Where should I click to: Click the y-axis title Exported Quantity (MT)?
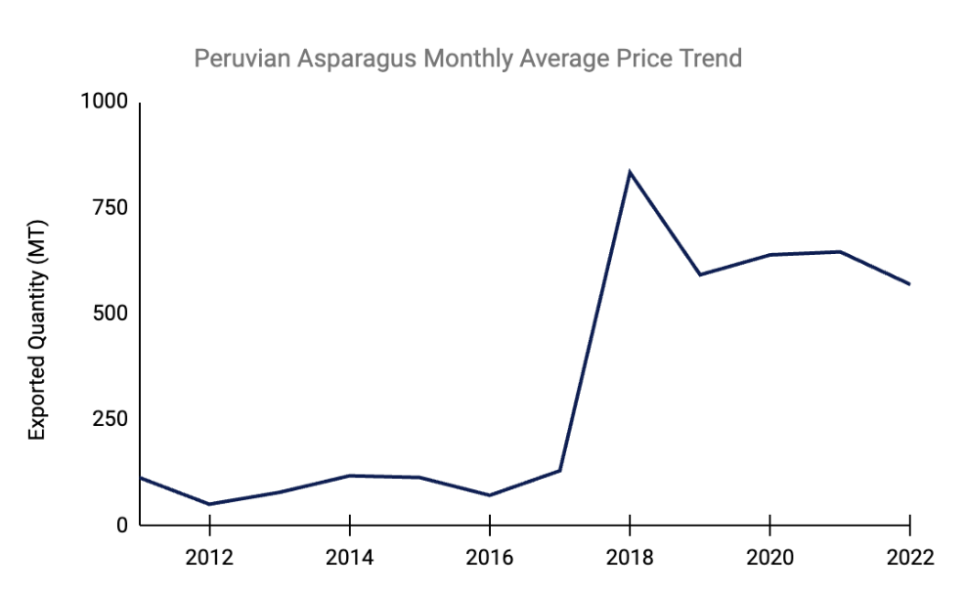click(x=37, y=330)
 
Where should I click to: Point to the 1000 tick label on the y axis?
click(x=106, y=103)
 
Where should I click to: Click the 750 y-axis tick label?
click(x=110, y=208)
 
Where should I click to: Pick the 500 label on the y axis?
click(x=110, y=314)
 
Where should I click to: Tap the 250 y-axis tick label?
click(x=110, y=419)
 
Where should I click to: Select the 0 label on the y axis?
click(x=121, y=526)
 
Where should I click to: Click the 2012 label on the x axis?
click(x=209, y=558)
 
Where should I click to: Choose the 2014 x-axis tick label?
click(x=349, y=558)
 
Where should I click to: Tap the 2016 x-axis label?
click(x=489, y=558)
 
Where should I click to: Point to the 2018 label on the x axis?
click(x=630, y=558)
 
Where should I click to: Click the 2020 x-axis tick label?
click(x=769, y=558)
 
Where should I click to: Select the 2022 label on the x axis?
click(x=909, y=558)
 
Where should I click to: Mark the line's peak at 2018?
click(x=630, y=173)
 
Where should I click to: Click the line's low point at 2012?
click(x=209, y=504)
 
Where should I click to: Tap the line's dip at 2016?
click(x=489, y=495)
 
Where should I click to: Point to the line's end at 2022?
click(x=909, y=284)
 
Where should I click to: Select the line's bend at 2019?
click(x=700, y=275)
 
